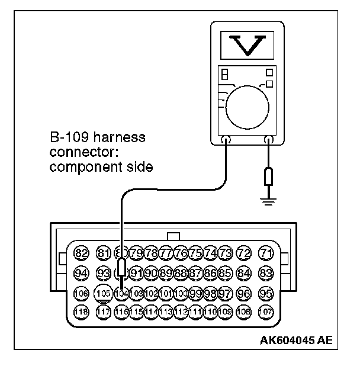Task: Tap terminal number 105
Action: click(104, 293)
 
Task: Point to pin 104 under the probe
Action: click(121, 293)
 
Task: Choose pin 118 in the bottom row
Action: click(82, 312)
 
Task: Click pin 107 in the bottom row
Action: click(268, 312)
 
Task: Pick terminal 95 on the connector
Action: click(268, 293)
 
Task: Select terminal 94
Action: click(82, 274)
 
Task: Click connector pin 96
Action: click(243, 293)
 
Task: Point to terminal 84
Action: click(243, 274)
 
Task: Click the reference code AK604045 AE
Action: click(295, 340)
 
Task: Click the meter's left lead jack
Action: click(226, 141)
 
